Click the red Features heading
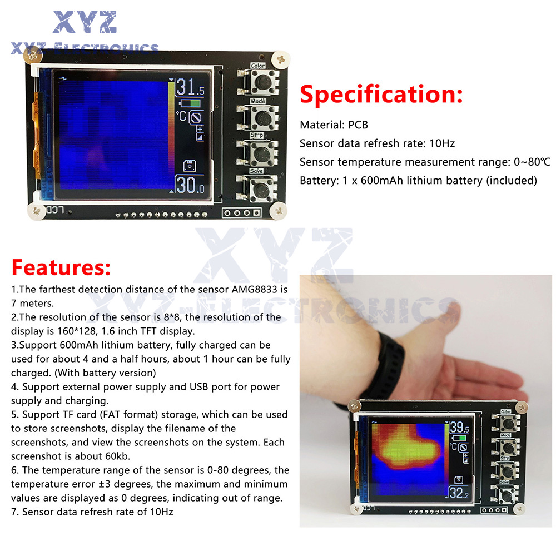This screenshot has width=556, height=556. (61, 267)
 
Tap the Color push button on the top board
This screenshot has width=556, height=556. (262, 82)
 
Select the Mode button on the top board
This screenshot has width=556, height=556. (263, 117)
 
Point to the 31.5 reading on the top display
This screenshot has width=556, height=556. (190, 87)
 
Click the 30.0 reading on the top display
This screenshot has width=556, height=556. (190, 185)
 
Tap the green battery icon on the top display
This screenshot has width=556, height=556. (190, 103)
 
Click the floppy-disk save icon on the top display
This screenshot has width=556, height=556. (190, 166)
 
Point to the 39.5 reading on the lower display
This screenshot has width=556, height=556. (459, 428)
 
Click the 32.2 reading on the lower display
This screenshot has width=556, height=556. (459, 493)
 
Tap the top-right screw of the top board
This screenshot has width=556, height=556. (281, 59)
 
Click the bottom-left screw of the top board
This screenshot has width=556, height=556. (36, 211)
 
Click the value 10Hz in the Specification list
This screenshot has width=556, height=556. (442, 143)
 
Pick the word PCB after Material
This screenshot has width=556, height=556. (358, 125)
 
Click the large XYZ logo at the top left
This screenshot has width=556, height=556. (85, 22)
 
